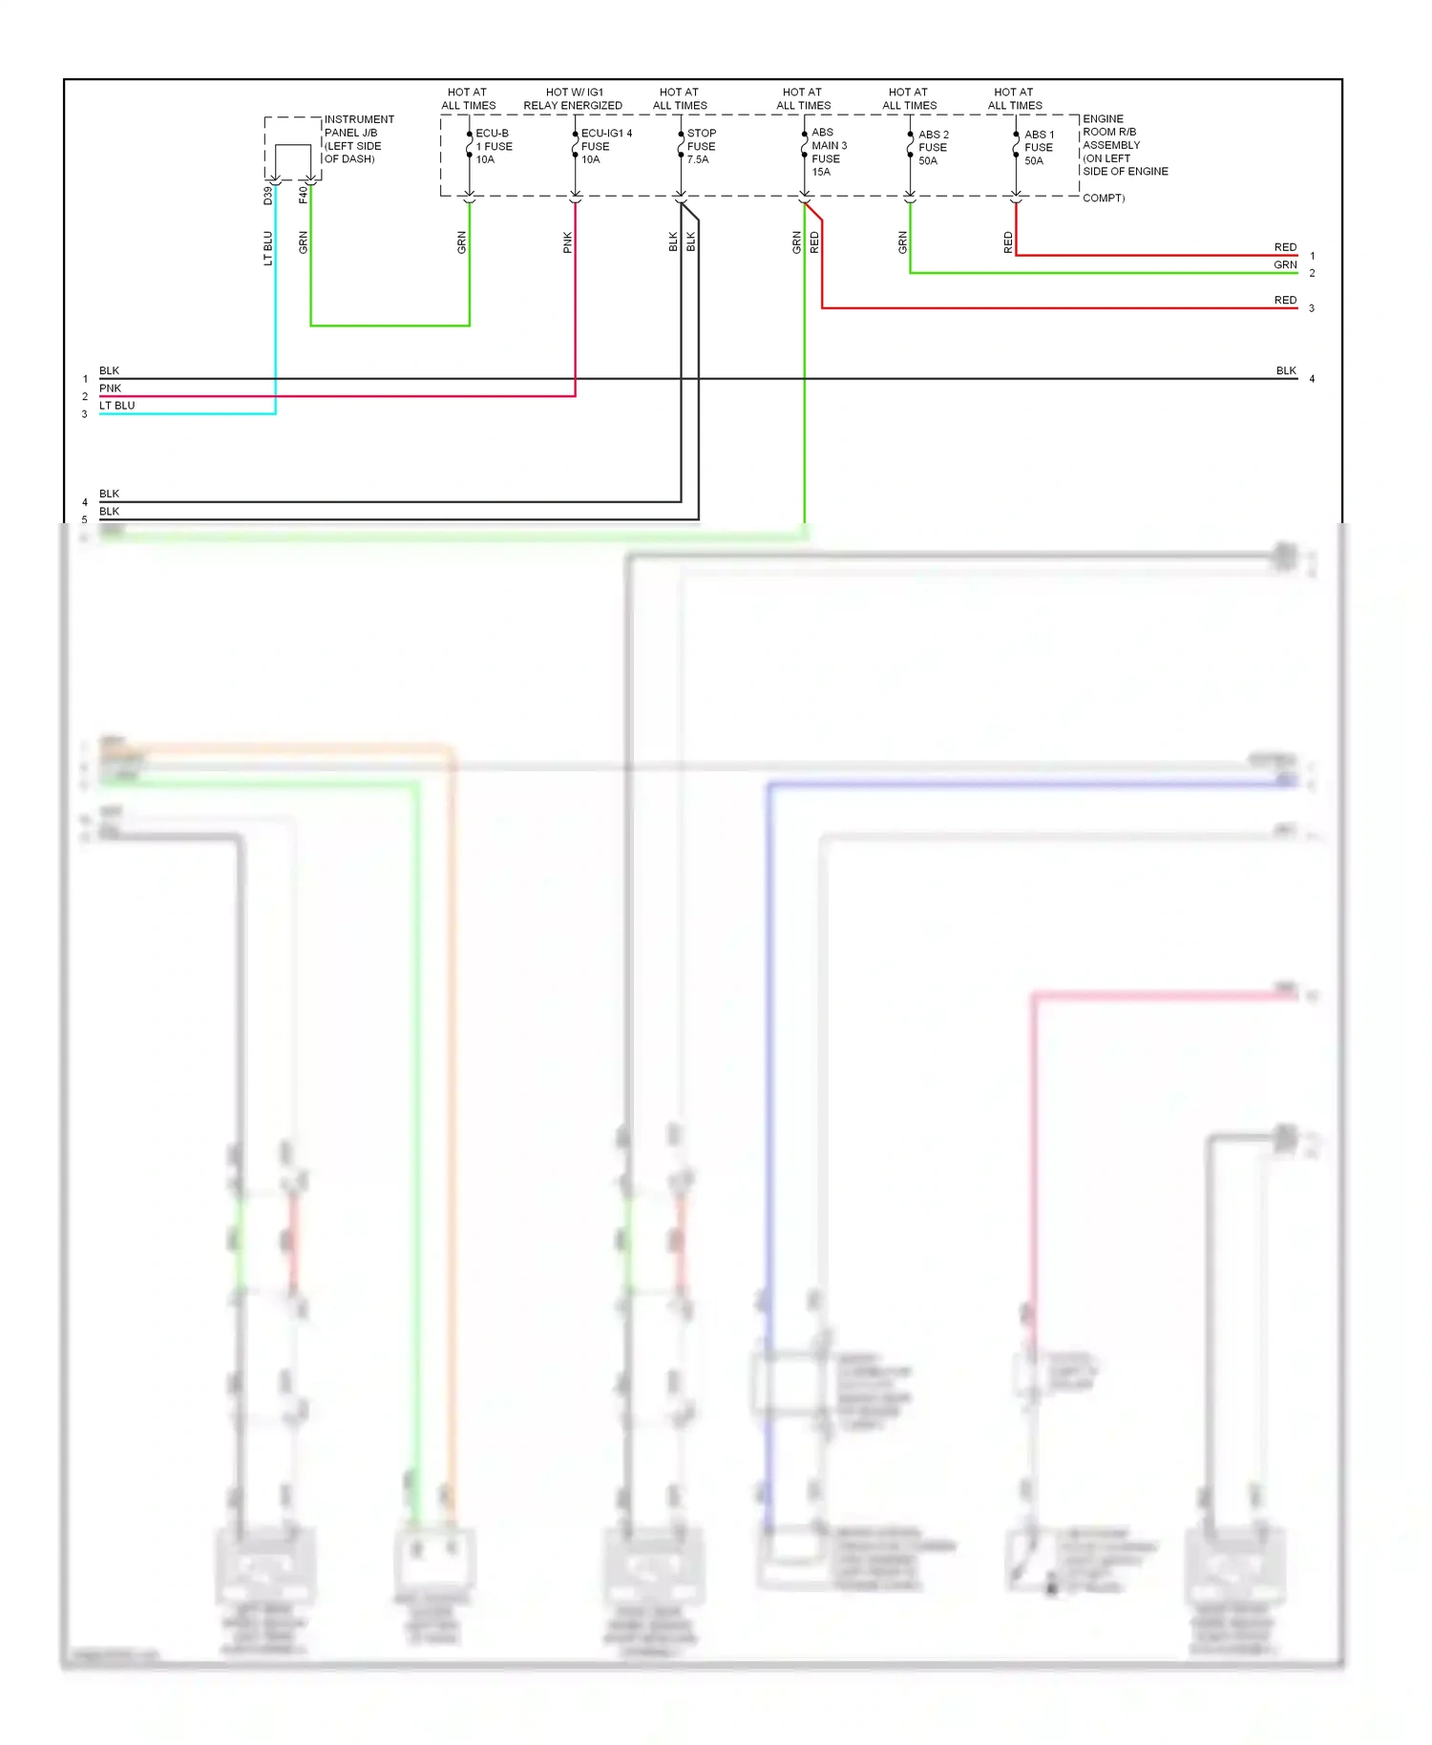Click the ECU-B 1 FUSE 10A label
coord(494,146)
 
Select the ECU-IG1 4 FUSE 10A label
coord(605,146)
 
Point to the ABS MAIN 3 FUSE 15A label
coord(828,152)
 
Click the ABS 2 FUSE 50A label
coord(933,147)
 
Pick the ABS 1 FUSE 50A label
coord(1039,147)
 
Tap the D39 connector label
coord(268,195)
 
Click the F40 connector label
coord(304,195)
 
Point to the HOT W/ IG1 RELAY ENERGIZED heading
coord(573,98)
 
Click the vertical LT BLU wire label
coord(268,248)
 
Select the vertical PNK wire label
coord(568,242)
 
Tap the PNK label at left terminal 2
coord(110,388)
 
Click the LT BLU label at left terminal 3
coord(116,405)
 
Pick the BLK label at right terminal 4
coord(1286,370)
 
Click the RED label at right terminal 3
coord(1285,300)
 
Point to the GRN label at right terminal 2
coord(1285,264)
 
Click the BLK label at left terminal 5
coord(109,511)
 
